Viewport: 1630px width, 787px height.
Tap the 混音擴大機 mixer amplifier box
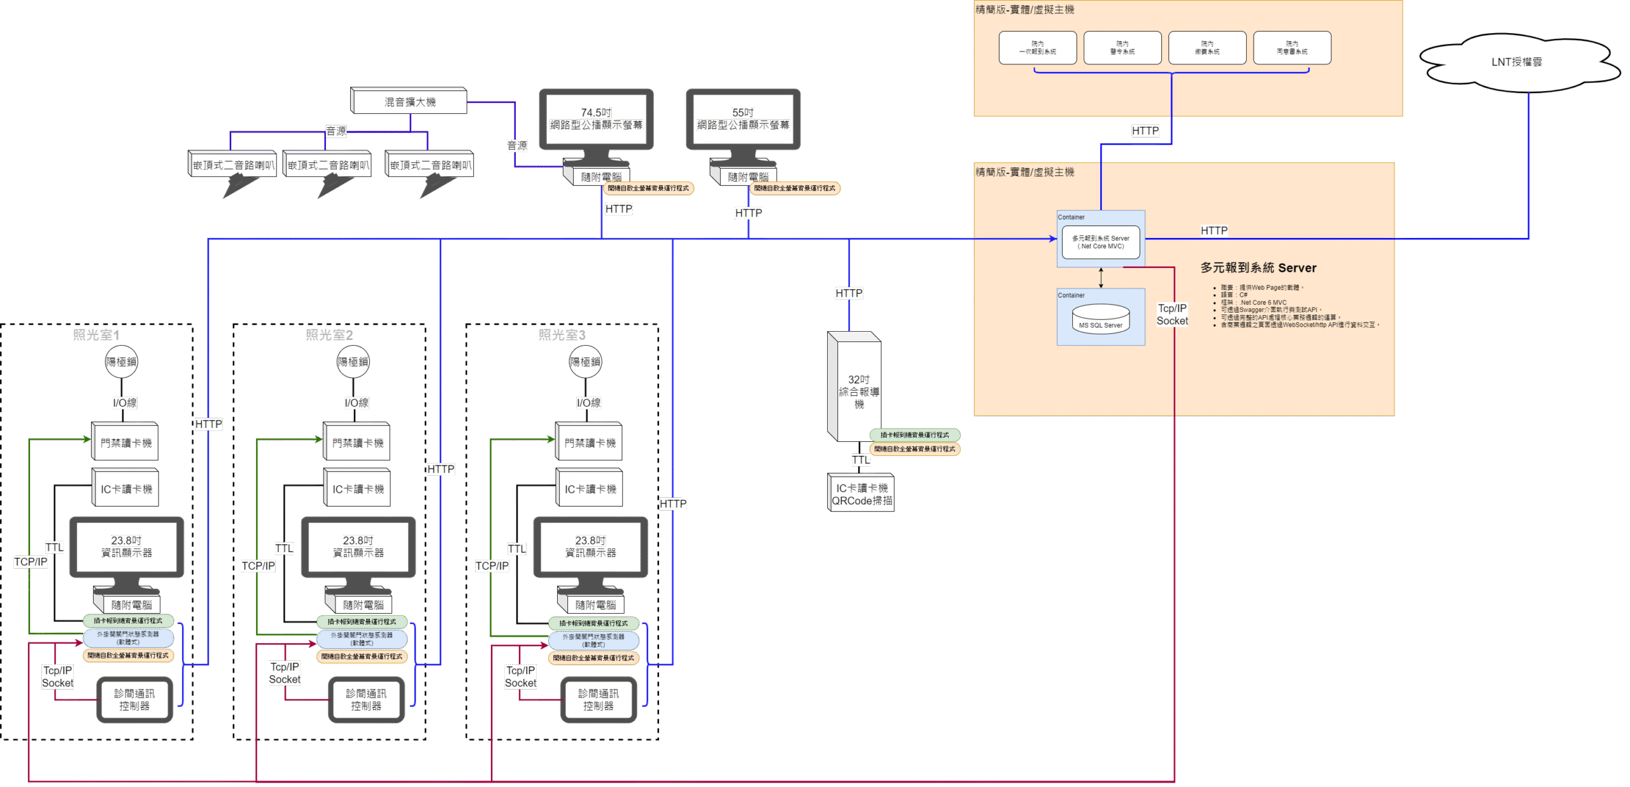click(409, 102)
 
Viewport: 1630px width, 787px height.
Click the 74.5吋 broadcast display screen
click(596, 120)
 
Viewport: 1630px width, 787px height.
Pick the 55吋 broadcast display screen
click(743, 120)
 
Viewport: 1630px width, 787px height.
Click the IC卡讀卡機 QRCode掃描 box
click(861, 494)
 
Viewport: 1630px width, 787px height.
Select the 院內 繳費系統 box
click(1207, 48)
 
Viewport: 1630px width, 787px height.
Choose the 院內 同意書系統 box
click(1291, 48)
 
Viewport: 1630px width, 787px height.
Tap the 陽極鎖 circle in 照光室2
click(353, 362)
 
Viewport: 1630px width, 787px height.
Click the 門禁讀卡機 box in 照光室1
click(125, 443)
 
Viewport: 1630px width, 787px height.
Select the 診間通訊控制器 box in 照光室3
click(598, 700)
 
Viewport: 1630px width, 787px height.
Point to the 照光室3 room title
click(562, 335)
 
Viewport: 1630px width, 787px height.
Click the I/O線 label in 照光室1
click(124, 403)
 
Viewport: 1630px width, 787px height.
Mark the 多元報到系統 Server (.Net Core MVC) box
click(1100, 242)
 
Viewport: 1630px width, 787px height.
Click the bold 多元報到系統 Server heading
click(1258, 268)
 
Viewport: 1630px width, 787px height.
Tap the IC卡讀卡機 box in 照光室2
click(358, 489)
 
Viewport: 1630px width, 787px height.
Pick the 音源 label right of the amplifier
click(517, 146)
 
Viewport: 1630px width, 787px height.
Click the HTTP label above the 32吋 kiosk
click(849, 294)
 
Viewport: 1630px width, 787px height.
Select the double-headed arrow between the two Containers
click(1101, 278)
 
